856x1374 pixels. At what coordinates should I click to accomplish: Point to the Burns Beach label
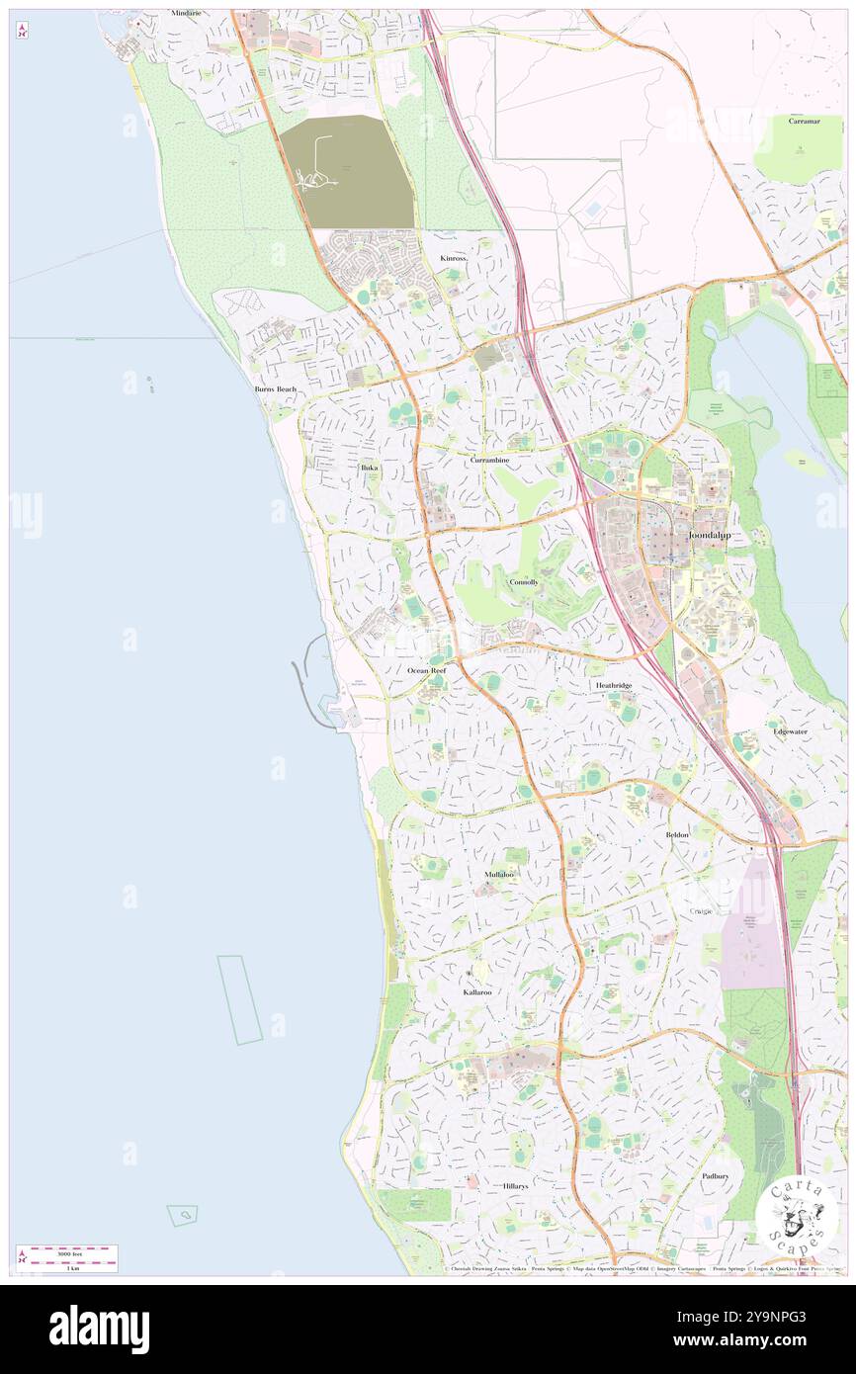[275, 389]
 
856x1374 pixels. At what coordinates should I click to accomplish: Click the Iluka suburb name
[369, 467]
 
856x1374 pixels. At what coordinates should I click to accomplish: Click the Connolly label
[524, 582]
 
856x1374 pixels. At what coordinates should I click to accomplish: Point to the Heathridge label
[613, 685]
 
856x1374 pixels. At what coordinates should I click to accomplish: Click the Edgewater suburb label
[790, 731]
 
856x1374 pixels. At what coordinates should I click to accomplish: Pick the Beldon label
[677, 835]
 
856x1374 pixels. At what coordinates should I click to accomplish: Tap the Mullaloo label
[499, 875]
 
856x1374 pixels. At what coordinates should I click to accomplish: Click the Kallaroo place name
[477, 991]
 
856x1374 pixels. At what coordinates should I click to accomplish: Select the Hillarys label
[515, 1185]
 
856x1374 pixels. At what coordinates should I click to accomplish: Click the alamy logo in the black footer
[99, 1329]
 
